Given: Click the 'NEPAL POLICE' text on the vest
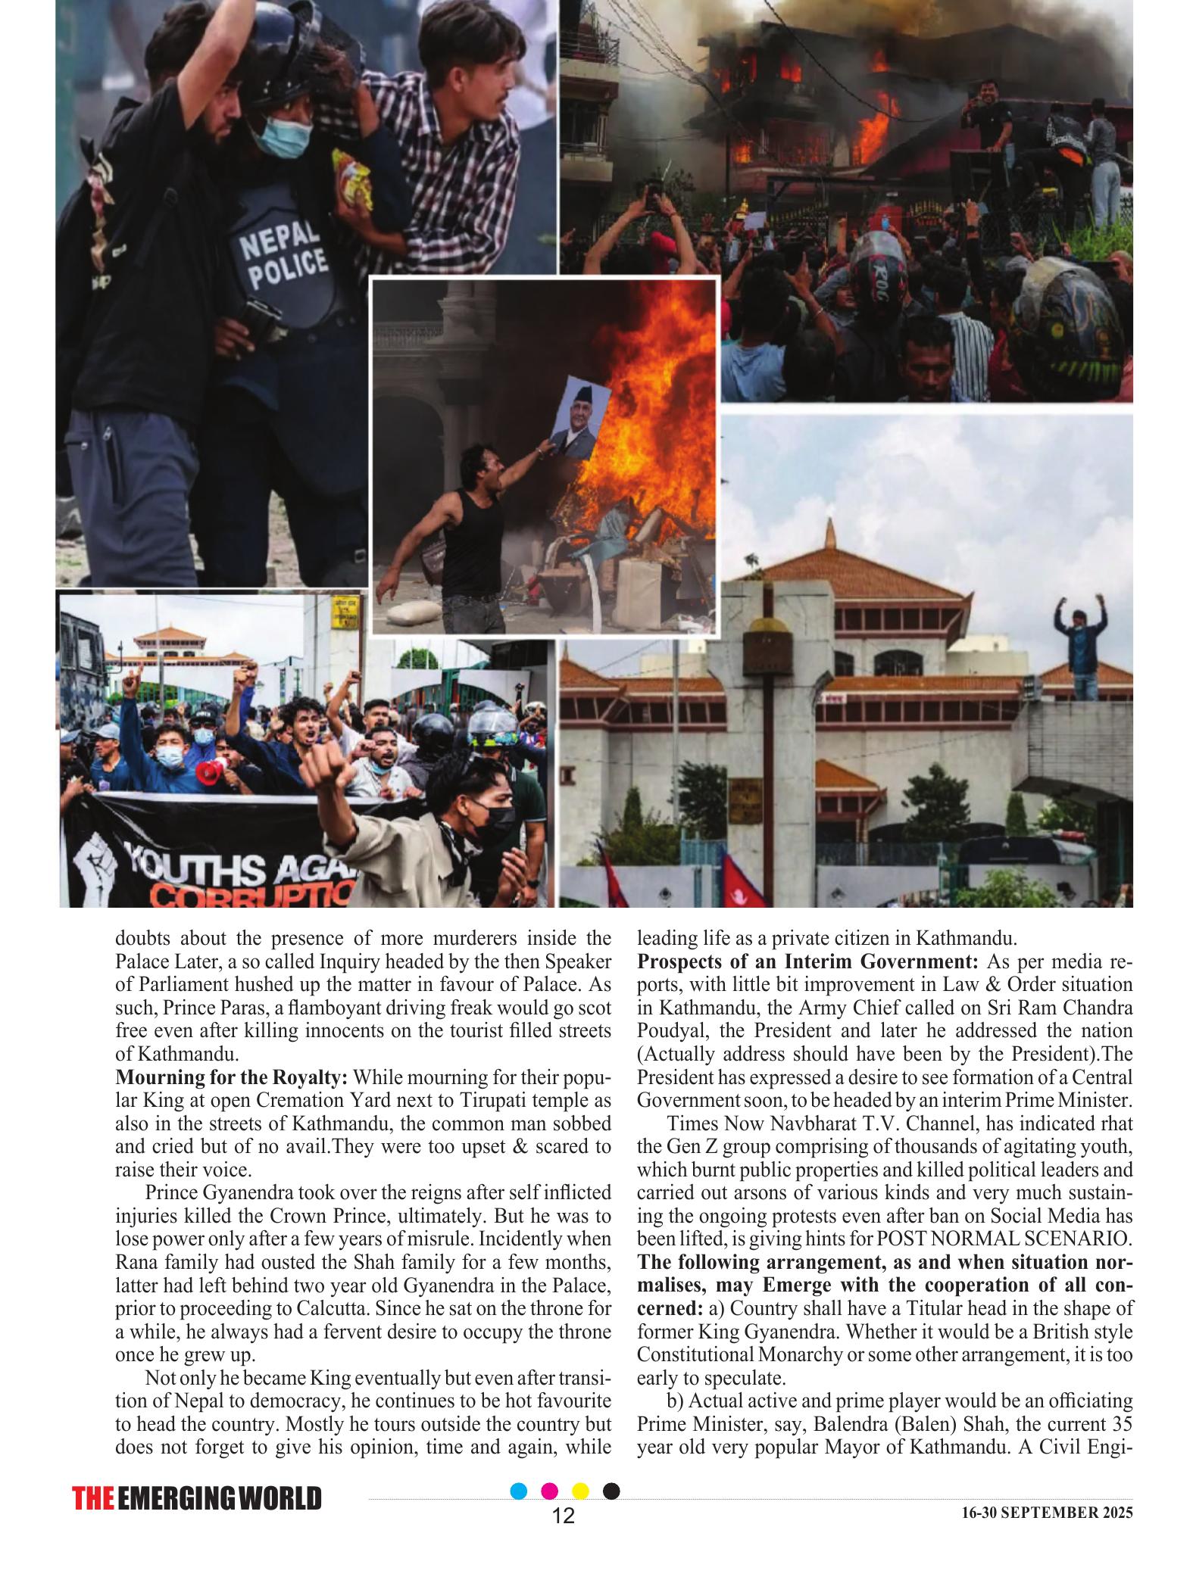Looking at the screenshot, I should [284, 262].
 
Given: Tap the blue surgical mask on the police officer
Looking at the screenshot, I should [283, 136].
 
